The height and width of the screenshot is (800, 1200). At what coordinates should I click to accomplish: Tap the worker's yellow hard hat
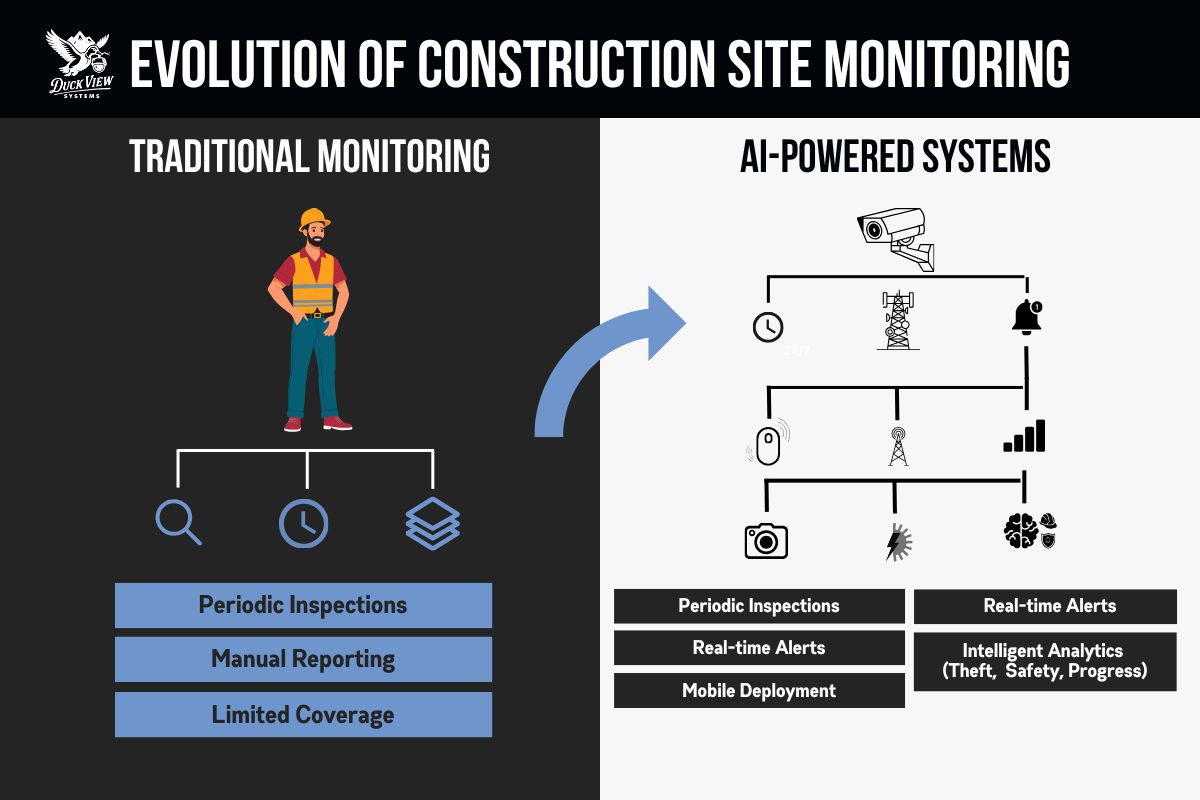tap(314, 220)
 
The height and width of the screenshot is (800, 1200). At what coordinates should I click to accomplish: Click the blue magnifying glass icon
tap(179, 522)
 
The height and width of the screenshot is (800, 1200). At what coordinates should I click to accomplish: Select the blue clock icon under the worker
tap(303, 523)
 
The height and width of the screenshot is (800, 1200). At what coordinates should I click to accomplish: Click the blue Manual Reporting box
tap(303, 660)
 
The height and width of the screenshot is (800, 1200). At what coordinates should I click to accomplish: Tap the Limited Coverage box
tap(303, 715)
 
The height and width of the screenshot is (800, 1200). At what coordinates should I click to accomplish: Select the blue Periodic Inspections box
tap(303, 605)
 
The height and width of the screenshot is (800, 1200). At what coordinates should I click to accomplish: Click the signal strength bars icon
tap(1024, 437)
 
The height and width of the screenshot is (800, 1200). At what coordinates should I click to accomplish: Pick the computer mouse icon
tap(767, 443)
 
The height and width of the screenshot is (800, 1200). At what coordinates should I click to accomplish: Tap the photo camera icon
tap(766, 539)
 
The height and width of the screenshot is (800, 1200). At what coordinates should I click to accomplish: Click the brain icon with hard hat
tap(1028, 531)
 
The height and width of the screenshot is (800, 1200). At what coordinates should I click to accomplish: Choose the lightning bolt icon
tap(897, 541)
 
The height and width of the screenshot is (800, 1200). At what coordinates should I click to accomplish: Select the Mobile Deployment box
tap(759, 691)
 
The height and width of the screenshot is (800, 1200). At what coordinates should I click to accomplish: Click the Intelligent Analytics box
tap(1045, 661)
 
